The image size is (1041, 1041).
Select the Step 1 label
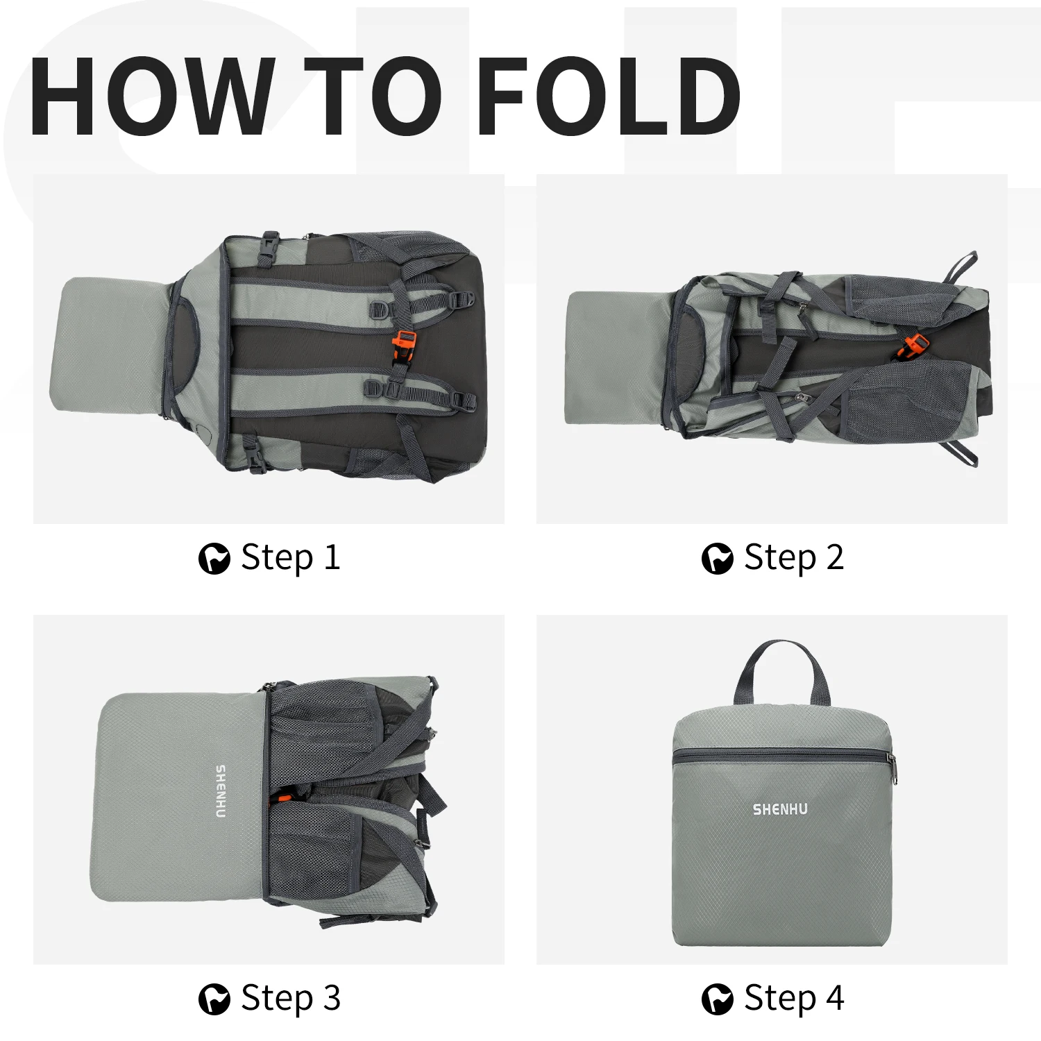click(x=291, y=557)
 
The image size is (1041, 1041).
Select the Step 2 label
click(x=794, y=557)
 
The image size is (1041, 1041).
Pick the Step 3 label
click(x=291, y=999)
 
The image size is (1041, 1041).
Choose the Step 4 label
click(x=794, y=999)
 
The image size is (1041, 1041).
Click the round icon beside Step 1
click(x=214, y=559)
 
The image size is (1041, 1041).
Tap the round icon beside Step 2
click(x=717, y=559)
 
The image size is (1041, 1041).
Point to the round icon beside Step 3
click(x=214, y=999)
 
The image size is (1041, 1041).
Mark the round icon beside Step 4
click(x=717, y=999)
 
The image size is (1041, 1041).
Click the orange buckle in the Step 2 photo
click(x=914, y=346)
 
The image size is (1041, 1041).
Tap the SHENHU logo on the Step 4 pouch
click(x=780, y=809)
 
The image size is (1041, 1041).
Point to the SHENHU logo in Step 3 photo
click(x=221, y=792)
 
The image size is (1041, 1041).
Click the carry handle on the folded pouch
click(x=781, y=649)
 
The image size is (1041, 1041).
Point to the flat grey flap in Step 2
click(x=618, y=357)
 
